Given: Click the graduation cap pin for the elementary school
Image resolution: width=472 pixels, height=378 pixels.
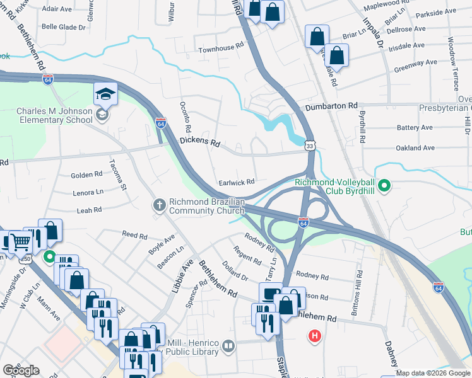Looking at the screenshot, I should click(x=105, y=96).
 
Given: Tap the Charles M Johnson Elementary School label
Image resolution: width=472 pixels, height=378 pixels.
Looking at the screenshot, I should click(x=54, y=116).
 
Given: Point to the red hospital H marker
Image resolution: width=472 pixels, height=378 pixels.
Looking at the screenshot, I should click(x=314, y=336).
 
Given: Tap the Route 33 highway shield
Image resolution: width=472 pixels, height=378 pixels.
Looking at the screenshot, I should click(x=309, y=146).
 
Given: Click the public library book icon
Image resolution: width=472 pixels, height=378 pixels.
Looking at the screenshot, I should click(x=229, y=345).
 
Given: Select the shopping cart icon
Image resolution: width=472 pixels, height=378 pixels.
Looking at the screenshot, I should click(x=20, y=241).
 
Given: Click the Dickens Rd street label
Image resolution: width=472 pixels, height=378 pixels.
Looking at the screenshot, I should click(x=199, y=142).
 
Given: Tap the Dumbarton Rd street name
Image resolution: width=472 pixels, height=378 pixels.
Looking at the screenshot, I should click(x=331, y=106).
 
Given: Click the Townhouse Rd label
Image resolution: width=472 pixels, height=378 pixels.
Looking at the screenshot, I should click(x=220, y=47).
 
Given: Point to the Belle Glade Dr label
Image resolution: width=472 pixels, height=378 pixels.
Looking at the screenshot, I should click(x=63, y=27).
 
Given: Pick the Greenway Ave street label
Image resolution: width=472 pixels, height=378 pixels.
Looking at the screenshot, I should click(x=415, y=64).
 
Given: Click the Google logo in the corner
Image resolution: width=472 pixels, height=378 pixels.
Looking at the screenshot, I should click(x=21, y=370).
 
